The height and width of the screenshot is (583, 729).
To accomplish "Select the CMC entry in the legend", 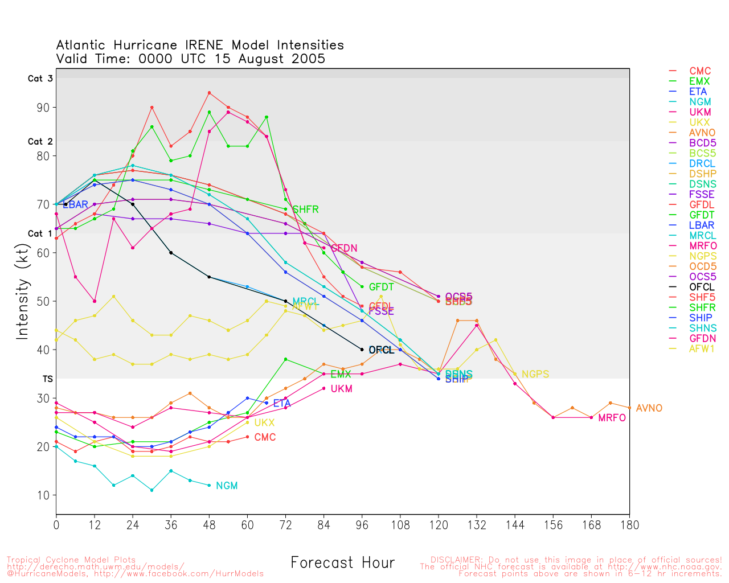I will pyautogui.click(x=700, y=72).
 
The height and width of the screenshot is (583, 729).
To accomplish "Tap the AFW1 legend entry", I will pyautogui.click(x=702, y=348).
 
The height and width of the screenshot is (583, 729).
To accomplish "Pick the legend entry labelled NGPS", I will pyautogui.click(x=703, y=256).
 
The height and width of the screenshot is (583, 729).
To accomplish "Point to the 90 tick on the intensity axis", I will pyautogui.click(x=43, y=108).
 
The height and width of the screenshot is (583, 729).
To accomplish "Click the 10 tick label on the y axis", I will pyautogui.click(x=43, y=495).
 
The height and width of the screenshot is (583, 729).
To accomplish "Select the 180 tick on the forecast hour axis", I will pyautogui.click(x=629, y=525).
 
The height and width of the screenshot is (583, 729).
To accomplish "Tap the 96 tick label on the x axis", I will pyautogui.click(x=362, y=525).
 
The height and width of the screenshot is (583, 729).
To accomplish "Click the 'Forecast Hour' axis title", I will pyautogui.click(x=342, y=563).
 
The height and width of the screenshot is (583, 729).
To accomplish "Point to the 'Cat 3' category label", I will pyautogui.click(x=40, y=79).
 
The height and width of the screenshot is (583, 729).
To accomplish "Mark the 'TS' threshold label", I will pyautogui.click(x=48, y=379).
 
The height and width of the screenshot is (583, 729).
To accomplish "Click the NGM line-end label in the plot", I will pyautogui.click(x=227, y=486).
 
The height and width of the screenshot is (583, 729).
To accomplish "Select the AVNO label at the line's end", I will pyautogui.click(x=649, y=408).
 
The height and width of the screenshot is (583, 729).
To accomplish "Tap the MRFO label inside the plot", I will pyautogui.click(x=612, y=418).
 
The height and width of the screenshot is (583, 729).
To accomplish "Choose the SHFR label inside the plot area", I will pyautogui.click(x=305, y=210).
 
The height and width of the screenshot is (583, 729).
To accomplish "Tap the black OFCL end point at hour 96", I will pyautogui.click(x=362, y=350).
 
